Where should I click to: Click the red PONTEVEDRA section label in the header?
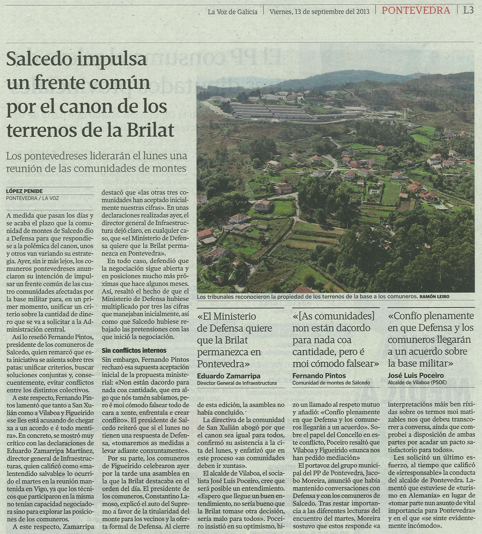416,10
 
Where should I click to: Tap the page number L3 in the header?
468,10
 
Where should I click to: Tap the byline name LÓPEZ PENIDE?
24,191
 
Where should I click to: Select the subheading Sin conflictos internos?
134,350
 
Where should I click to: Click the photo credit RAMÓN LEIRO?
434,297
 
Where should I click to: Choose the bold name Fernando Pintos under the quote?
319,376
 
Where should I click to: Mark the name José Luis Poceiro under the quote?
416,376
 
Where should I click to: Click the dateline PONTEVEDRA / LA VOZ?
33,198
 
